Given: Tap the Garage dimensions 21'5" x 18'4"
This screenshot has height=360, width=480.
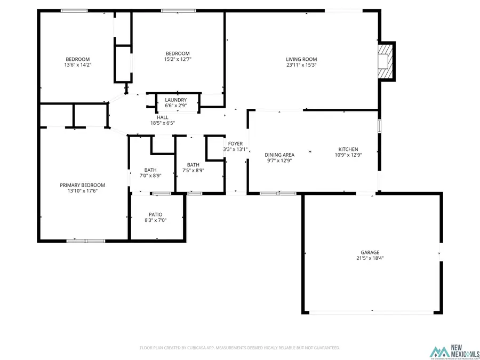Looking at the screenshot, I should coord(370,258).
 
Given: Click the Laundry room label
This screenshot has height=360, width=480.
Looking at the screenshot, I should coord(175,100).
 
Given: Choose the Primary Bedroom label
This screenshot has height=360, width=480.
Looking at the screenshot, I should coord(82,185).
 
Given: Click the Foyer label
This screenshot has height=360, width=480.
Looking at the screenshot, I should coord(235,143).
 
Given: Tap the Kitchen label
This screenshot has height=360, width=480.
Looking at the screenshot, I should coord(348,149).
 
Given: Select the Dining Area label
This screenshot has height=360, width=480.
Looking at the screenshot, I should coord(279,155).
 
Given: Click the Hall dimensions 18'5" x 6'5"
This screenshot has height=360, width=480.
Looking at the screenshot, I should coord(163,123).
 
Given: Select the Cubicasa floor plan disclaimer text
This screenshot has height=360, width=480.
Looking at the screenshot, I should coord(239,348).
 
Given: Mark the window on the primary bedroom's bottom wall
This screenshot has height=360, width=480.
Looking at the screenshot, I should coord(85,241).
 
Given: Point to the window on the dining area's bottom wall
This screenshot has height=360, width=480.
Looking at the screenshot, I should coord(277,193).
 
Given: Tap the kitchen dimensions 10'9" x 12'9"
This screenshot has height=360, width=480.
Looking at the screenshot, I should coord(348,155).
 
